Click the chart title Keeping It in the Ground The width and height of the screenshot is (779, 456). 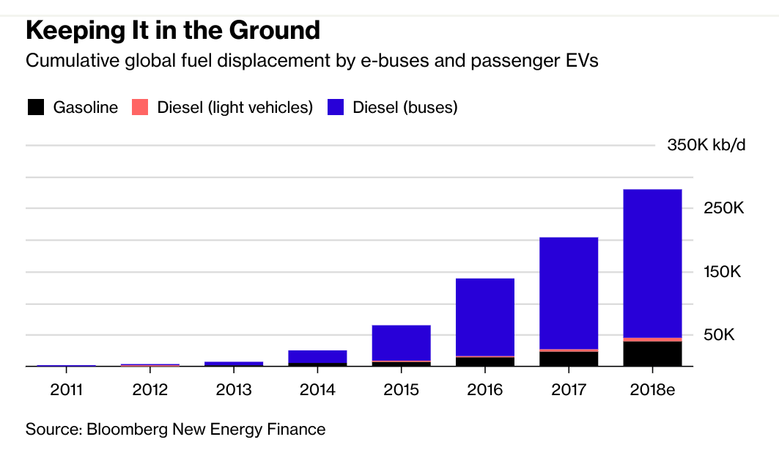(173, 31)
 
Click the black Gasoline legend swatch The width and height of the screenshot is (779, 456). (35, 107)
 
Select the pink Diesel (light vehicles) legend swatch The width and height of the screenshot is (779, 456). (140, 107)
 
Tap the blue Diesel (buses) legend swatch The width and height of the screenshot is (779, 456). (336, 107)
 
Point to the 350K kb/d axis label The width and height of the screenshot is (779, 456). (706, 145)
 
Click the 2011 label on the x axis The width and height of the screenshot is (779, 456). (67, 389)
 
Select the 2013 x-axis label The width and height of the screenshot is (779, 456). (234, 389)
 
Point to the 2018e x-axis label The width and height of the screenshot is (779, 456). (652, 389)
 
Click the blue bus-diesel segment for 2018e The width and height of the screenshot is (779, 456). (652, 264)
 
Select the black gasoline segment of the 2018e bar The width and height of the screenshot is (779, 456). (652, 353)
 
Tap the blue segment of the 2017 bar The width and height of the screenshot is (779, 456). (569, 293)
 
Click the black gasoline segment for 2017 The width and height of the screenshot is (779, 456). (569, 358)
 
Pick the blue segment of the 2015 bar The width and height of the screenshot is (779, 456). (401, 342)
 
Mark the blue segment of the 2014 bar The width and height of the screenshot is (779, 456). (317, 356)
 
